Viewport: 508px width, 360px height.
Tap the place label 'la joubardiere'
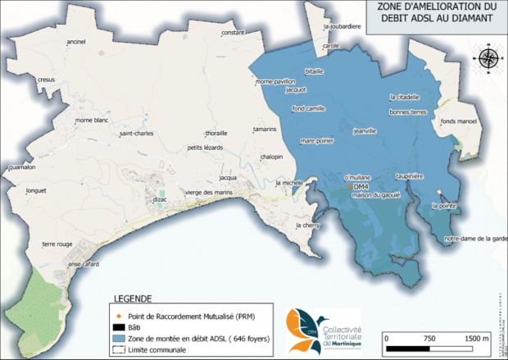click(343, 25)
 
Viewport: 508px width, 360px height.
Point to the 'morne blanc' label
click(92, 121)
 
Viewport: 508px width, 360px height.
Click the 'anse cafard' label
click(83, 264)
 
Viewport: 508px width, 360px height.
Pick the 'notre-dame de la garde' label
click(476, 239)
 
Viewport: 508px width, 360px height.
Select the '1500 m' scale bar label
click(475, 338)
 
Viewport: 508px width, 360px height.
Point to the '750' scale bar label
click(429, 338)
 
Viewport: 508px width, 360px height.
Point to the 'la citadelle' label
click(405, 97)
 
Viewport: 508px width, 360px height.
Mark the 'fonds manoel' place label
click(458, 121)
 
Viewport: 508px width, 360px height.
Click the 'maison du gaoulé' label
click(376, 194)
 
